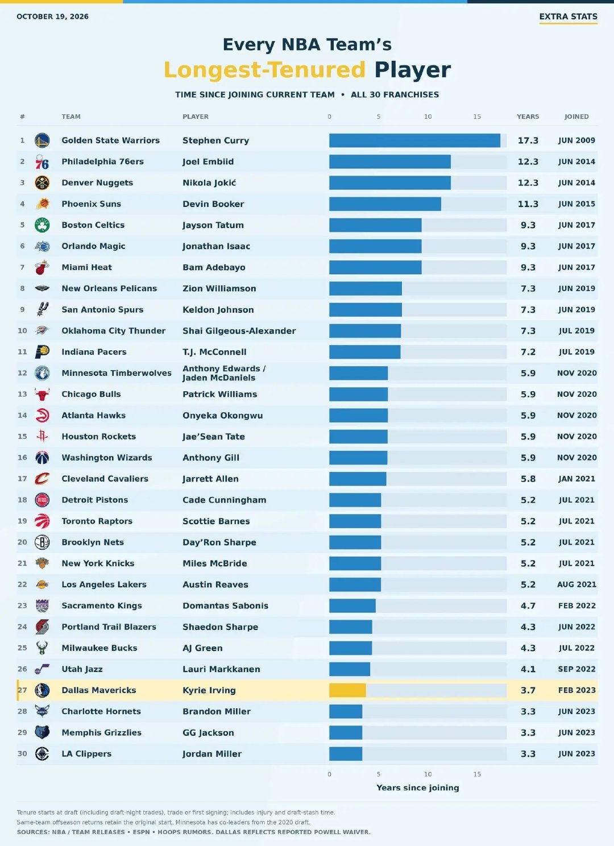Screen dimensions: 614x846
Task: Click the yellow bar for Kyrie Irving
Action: [x=347, y=690]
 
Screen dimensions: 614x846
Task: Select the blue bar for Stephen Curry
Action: [x=414, y=140]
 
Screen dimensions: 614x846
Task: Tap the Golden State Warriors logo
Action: [x=42, y=140]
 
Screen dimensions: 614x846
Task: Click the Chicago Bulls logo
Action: [x=42, y=395]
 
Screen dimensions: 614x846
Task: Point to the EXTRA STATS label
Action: [x=568, y=16]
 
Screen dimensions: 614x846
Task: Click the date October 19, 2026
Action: [x=52, y=16]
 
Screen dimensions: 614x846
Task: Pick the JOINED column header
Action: [x=576, y=117]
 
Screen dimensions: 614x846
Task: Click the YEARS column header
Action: [x=528, y=117]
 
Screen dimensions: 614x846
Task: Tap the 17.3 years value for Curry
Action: [x=528, y=140]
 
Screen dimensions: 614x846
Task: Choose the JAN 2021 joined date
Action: [x=576, y=479]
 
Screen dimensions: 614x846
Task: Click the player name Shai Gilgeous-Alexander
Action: [x=239, y=331]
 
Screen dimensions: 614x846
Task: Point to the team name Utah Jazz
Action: [x=82, y=669]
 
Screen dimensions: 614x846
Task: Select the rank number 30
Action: [x=22, y=753]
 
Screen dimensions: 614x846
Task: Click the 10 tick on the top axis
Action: [x=428, y=117]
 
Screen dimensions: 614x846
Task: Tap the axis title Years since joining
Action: [x=418, y=788]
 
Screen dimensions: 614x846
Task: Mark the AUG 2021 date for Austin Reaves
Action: [x=576, y=584]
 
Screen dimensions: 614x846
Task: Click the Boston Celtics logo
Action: [x=42, y=225]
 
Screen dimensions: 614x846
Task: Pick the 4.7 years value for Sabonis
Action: [x=528, y=606]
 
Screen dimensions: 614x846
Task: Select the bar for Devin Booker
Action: [x=385, y=204]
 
